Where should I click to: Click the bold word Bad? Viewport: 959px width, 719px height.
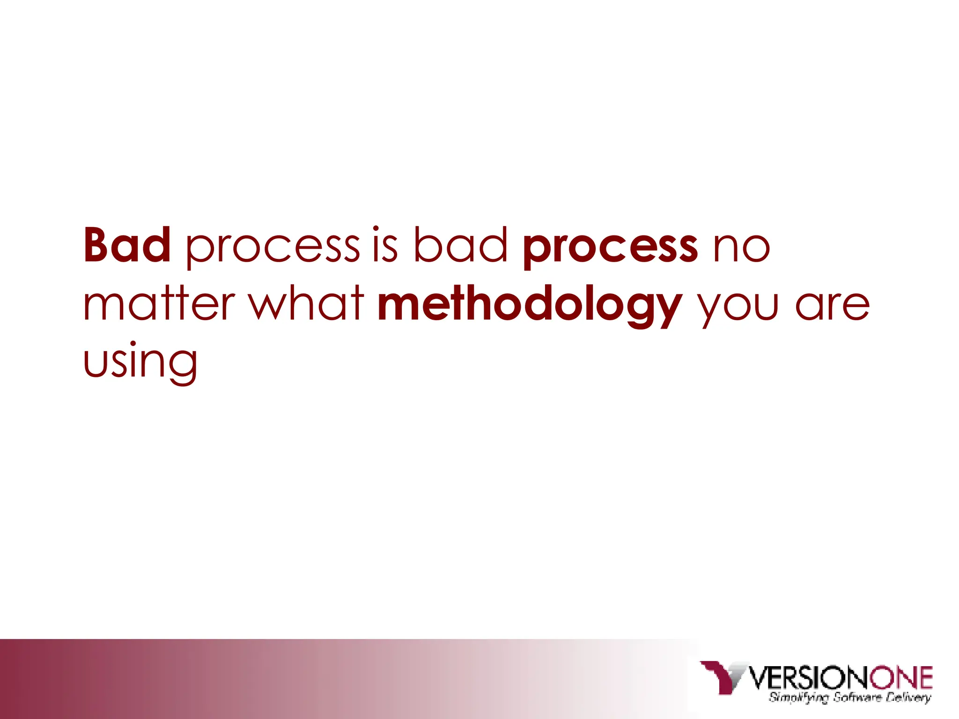tap(127, 245)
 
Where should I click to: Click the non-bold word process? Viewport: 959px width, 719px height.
tap(273, 248)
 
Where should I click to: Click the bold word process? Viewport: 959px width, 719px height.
tap(610, 248)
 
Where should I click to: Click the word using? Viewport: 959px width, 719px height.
tap(140, 362)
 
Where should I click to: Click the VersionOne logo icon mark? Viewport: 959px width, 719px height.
tap(723, 676)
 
